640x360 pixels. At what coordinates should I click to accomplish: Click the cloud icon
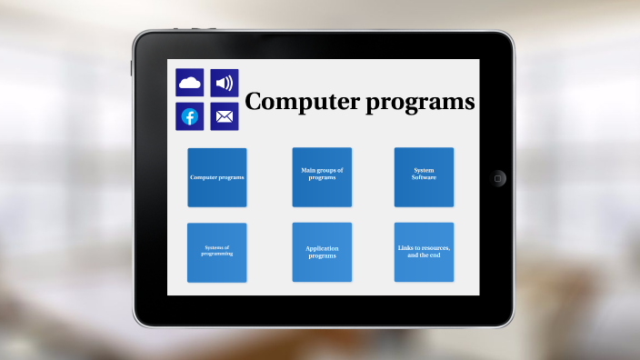pyautogui.click(x=189, y=83)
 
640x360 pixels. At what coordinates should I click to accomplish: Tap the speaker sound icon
pyautogui.click(x=224, y=83)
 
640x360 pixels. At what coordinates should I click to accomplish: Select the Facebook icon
pyautogui.click(x=189, y=116)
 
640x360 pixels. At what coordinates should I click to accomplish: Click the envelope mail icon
pyautogui.click(x=224, y=116)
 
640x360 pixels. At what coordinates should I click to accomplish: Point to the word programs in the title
pyautogui.click(x=420, y=103)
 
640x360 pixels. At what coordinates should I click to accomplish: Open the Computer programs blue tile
pyautogui.click(x=216, y=177)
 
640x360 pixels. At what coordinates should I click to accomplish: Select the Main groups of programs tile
pyautogui.click(x=322, y=177)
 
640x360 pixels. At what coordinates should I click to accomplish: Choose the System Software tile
pyautogui.click(x=424, y=177)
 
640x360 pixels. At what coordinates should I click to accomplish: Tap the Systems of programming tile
pyautogui.click(x=216, y=252)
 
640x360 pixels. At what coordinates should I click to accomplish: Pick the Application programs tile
pyautogui.click(x=322, y=252)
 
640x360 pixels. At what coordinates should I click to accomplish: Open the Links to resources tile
pyautogui.click(x=424, y=252)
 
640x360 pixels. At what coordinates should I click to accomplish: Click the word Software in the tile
pyautogui.click(x=424, y=177)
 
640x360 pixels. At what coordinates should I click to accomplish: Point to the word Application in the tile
pyautogui.click(x=322, y=248)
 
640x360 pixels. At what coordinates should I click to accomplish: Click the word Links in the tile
pyautogui.click(x=405, y=248)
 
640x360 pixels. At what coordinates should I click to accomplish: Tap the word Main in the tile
pyautogui.click(x=309, y=170)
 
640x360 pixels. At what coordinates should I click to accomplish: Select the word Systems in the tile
pyautogui.click(x=214, y=247)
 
